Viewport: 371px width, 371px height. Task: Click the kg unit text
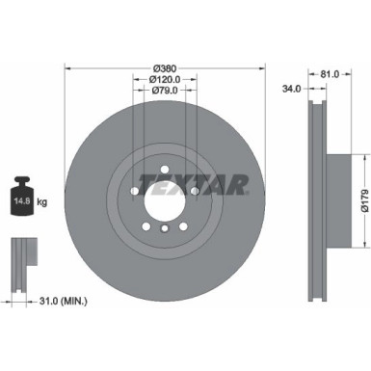pos(46,202)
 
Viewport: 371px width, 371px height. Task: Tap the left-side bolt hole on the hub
pos(131,190)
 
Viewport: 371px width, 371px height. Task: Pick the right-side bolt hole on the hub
pos(194,190)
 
